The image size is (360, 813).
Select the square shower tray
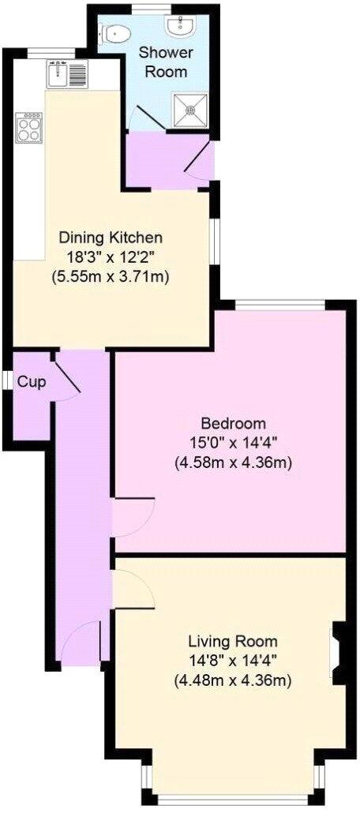pyautogui.click(x=189, y=109)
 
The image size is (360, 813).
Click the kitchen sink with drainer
pyautogui.click(x=69, y=75)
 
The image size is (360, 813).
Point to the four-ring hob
pyautogui.click(x=29, y=127)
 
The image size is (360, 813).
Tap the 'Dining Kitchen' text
pyautogui.click(x=114, y=237)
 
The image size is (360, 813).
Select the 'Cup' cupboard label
pyautogui.click(x=31, y=382)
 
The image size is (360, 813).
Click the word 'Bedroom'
pyautogui.click(x=233, y=423)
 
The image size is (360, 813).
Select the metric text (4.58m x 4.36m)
pyautogui.click(x=233, y=463)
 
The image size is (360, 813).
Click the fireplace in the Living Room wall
pyautogui.click(x=337, y=650)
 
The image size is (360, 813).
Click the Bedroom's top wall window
pyautogui.click(x=279, y=305)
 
